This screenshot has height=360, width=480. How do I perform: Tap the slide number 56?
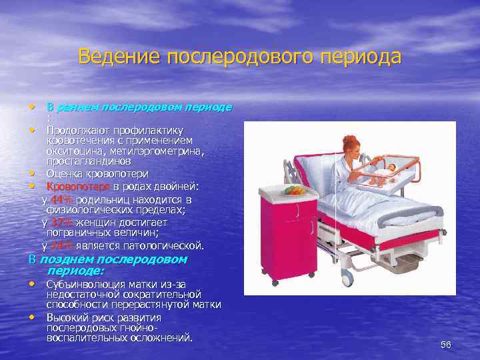(446, 345)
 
